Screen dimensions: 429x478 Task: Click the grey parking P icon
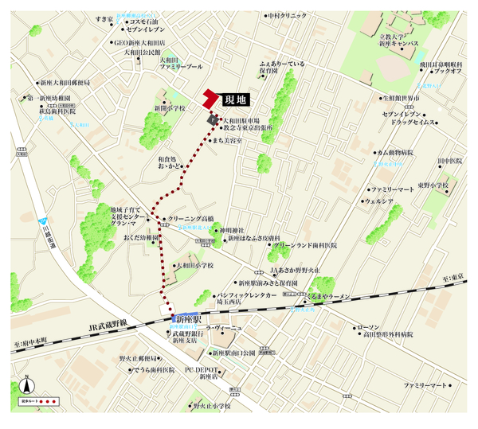pyautogui.click(x=214, y=119)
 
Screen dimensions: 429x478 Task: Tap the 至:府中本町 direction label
pyautogui.click(x=31, y=340)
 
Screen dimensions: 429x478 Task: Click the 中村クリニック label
pyautogui.click(x=288, y=15)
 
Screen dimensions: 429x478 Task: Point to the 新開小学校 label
pyautogui.click(x=170, y=108)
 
